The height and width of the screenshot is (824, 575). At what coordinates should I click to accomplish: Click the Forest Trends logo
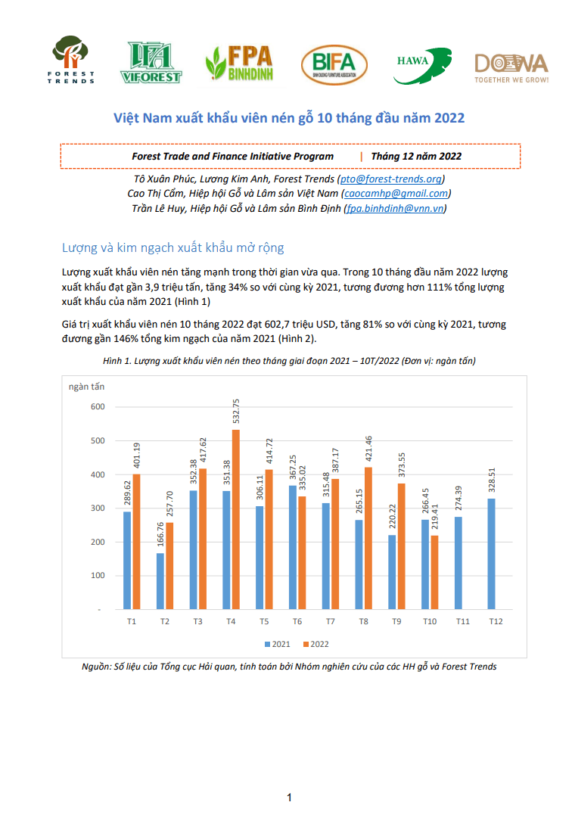[71, 59]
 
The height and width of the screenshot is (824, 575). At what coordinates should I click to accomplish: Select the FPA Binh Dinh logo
[240, 63]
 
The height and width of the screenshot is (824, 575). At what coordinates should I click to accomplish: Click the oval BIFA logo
[334, 64]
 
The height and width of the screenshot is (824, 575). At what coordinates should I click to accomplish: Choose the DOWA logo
[511, 68]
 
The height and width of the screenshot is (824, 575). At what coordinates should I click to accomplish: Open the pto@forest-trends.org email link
[391, 179]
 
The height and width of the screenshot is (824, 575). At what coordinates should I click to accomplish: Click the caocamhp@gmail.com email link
[396, 194]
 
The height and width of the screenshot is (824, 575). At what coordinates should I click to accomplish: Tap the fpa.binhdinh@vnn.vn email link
[395, 208]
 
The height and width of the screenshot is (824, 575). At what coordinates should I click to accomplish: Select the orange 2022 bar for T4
[236, 520]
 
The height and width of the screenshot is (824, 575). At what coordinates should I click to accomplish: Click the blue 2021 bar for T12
[492, 554]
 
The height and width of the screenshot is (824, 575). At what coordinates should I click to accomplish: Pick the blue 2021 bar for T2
[160, 581]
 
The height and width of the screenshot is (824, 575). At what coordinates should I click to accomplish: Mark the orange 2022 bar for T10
[435, 572]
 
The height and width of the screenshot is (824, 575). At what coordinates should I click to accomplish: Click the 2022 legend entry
[316, 644]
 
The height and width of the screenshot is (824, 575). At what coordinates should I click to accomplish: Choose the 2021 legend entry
[278, 644]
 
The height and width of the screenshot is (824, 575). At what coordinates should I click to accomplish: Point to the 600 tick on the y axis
[98, 407]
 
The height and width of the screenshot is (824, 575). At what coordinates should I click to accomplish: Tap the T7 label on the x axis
[330, 621]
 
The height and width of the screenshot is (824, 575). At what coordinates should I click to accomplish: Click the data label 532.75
[236, 411]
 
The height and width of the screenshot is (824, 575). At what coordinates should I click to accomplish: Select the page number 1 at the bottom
[289, 798]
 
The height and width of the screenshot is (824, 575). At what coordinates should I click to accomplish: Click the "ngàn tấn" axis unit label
[86, 387]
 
